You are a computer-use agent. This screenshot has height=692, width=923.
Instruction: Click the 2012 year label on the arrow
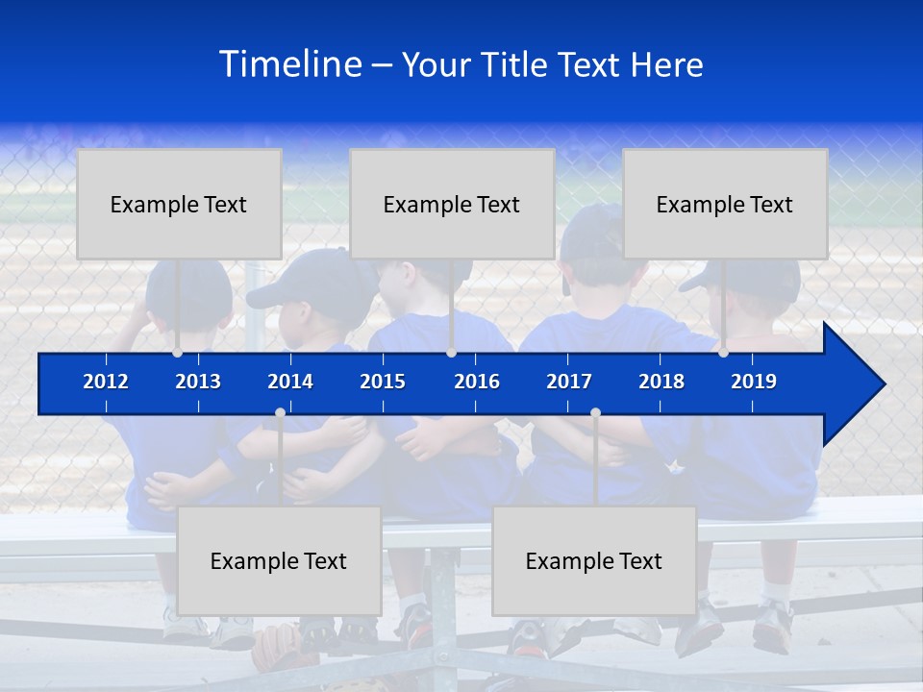point(106,382)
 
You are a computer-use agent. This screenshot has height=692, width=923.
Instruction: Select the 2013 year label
point(198,382)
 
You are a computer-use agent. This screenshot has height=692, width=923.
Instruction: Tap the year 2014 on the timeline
point(290,382)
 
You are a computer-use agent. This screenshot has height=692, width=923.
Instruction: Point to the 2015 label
point(383,382)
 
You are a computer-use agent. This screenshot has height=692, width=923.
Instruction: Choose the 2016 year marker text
point(477,382)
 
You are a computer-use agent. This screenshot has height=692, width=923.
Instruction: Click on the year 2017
point(569,382)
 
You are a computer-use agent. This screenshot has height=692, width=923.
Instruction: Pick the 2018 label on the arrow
point(661,382)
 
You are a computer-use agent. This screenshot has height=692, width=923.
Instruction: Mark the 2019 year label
point(754,382)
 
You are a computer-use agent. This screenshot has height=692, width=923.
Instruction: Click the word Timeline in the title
point(289,64)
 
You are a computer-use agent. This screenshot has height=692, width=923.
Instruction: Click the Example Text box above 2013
point(179,204)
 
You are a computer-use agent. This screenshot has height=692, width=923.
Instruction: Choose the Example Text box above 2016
point(452,204)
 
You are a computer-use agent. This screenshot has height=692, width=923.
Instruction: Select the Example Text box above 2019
point(725,204)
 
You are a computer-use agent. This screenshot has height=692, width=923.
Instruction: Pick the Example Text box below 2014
point(279,560)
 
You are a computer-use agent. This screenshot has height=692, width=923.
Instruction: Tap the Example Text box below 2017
point(594,560)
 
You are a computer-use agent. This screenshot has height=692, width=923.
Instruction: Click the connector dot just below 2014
point(280,412)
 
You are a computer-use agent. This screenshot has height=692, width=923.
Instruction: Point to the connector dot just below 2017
point(595,412)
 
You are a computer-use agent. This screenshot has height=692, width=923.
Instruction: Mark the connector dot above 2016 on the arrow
point(451,353)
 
